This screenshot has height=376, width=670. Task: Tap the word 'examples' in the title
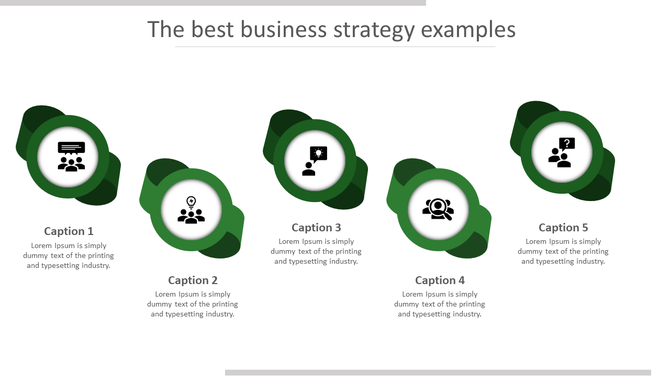(x=468, y=30)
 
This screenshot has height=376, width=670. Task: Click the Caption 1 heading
(x=69, y=231)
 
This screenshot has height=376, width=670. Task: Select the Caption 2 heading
(x=193, y=280)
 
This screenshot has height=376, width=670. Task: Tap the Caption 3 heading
(x=317, y=227)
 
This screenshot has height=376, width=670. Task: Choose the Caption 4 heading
(x=440, y=280)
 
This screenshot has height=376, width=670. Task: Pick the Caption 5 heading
(x=564, y=227)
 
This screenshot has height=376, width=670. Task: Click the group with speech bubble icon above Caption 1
(x=71, y=157)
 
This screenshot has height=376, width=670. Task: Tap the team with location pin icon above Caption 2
(x=191, y=210)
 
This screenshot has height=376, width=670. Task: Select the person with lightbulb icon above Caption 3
(x=315, y=160)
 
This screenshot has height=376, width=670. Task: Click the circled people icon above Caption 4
(x=438, y=209)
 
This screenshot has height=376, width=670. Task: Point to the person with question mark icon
(x=562, y=152)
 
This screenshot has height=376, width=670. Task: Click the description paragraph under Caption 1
(x=69, y=255)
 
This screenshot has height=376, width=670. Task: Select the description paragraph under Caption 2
(x=193, y=304)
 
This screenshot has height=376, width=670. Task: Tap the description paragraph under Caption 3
(x=317, y=251)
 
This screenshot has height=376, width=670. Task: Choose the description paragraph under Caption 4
(x=440, y=304)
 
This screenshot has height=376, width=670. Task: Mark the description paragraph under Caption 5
(x=564, y=251)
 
